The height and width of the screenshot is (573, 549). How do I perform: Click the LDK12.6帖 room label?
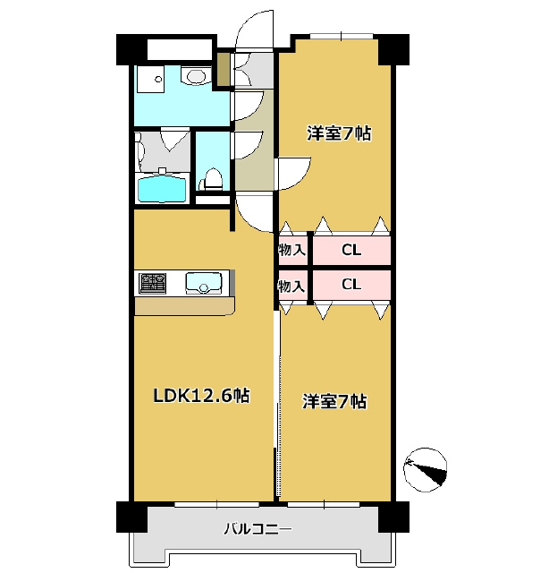pos(201,396)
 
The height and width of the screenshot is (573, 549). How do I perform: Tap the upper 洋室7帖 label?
pos(339,133)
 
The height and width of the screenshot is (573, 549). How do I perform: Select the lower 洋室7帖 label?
pos(334,401)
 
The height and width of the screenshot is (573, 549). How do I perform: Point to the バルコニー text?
pos(258,529)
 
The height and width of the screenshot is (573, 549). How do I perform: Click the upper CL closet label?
pos(351,251)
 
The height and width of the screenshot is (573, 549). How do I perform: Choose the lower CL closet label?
pos(351,284)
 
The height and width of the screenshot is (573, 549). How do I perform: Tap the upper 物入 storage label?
pos(292,251)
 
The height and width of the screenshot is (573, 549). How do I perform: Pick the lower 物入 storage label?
pos(292,286)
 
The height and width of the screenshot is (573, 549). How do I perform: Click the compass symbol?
pos(426,469)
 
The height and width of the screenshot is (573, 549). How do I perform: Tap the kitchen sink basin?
pos(203,283)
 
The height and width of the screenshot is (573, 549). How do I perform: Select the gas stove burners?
pos(152,283)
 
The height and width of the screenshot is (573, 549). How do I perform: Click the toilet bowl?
pos(213,179)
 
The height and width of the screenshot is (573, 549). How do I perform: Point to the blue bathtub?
pos(161,189)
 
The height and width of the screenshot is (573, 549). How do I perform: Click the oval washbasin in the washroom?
pos(197,76)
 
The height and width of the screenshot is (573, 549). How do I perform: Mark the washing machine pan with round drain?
pos(150,79)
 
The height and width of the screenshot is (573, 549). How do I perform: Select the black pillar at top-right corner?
pos(393,50)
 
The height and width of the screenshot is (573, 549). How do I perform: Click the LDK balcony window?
pos(216,504)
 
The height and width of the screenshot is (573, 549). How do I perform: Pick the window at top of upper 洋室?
pos(342,36)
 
